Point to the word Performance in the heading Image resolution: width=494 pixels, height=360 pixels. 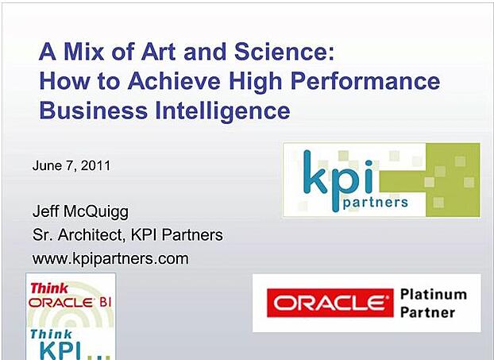[x=370, y=81]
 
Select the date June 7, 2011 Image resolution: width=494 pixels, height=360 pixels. [x=71, y=166]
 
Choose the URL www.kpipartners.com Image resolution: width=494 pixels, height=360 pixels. [x=110, y=257]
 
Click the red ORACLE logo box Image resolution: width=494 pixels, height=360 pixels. [x=330, y=303]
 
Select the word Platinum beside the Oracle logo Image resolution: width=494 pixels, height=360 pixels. [x=434, y=294]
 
